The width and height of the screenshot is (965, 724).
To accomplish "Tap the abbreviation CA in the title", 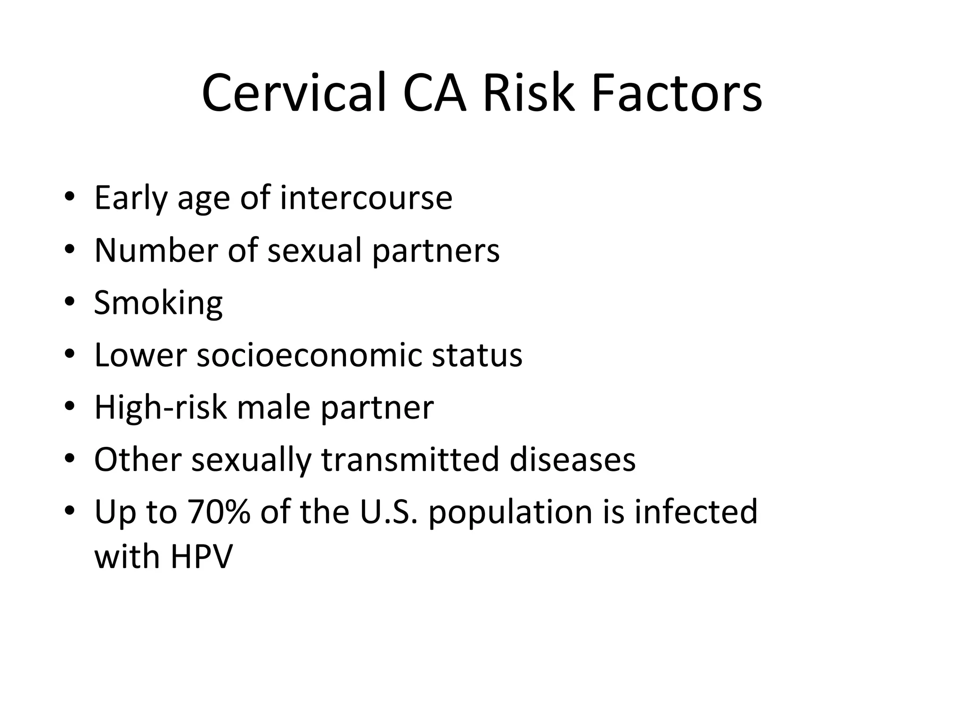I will [434, 93].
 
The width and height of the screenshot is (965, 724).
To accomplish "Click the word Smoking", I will [158, 303].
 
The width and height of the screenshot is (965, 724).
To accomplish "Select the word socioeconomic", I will [309, 355].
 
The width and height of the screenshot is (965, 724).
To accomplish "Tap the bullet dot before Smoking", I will [70, 302].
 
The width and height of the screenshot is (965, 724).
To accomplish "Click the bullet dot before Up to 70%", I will [70, 511].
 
